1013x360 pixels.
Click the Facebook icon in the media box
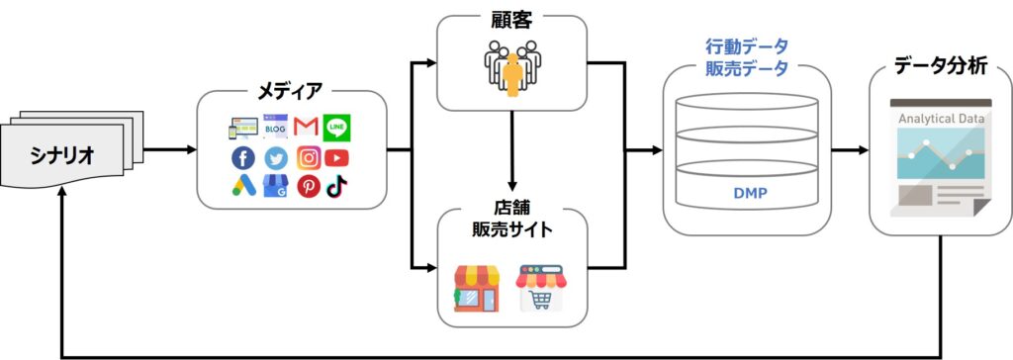[x=242, y=158]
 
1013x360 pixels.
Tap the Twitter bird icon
[x=275, y=158]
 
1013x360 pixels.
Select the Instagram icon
[x=309, y=158]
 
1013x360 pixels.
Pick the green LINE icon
[x=336, y=128]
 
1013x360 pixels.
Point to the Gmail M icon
[x=307, y=128]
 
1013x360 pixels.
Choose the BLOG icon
[x=275, y=127]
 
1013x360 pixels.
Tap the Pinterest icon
[x=309, y=186]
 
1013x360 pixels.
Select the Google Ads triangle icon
[x=242, y=186]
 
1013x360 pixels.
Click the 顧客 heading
[x=511, y=20]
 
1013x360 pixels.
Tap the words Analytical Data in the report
[x=940, y=118]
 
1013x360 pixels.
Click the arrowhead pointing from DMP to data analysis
[x=860, y=151]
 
